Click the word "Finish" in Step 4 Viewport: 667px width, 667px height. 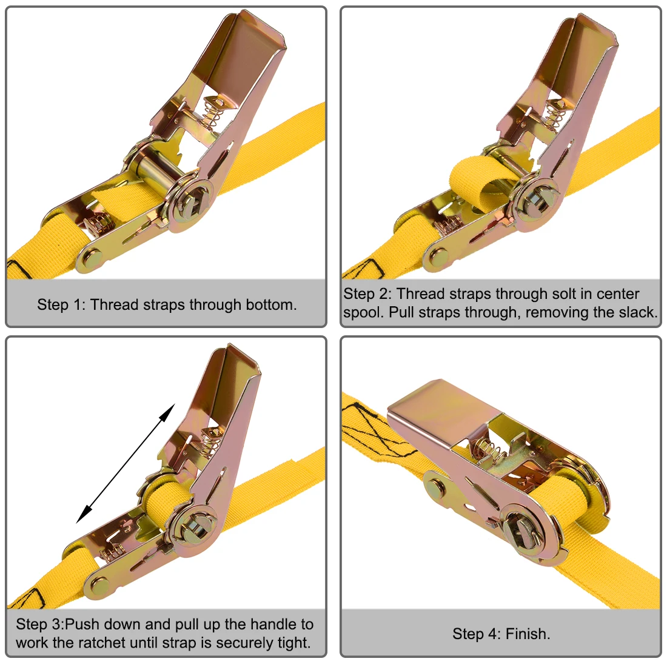[x=525, y=634]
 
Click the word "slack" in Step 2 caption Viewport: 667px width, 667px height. [x=637, y=313]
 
